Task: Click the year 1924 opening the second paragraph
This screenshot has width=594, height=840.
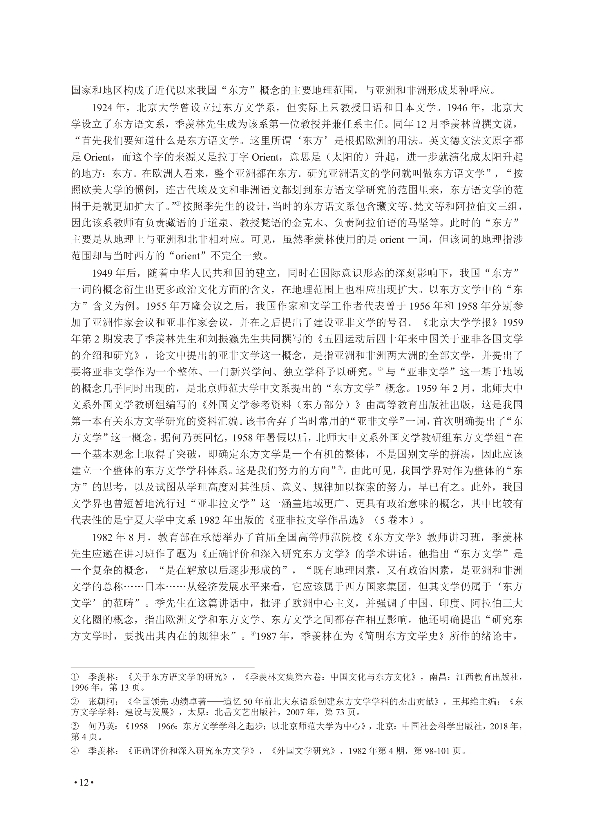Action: (104, 108)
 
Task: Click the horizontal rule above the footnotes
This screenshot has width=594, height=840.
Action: (162, 667)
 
